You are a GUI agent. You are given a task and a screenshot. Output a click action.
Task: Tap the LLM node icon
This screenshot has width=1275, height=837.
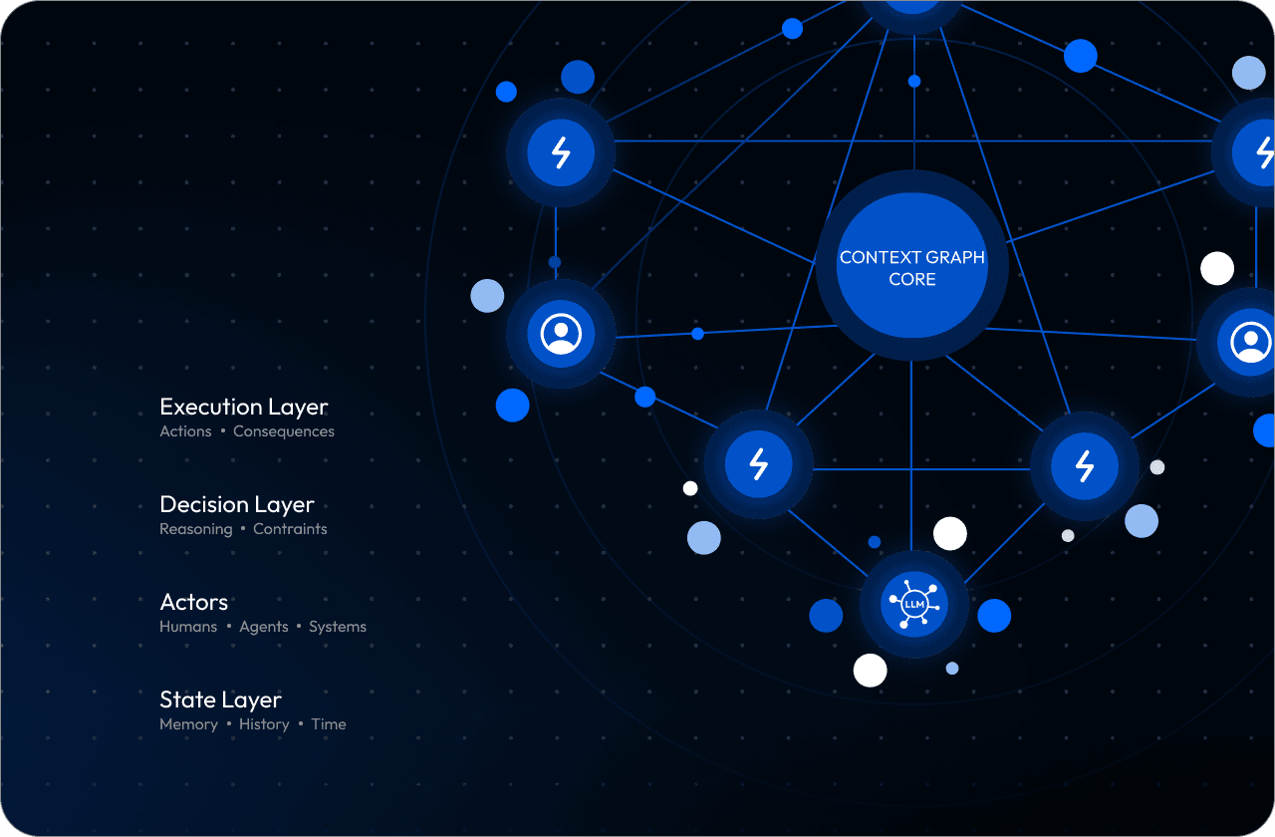click(x=913, y=604)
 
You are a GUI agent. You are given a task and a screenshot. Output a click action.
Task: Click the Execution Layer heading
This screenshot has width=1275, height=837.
click(x=243, y=407)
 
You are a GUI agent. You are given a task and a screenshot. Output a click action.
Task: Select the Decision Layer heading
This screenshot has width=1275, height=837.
click(x=236, y=504)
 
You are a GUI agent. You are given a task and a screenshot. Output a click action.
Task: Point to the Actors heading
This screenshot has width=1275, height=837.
click(x=193, y=602)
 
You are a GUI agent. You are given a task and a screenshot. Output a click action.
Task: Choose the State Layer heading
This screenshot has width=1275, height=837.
click(x=220, y=699)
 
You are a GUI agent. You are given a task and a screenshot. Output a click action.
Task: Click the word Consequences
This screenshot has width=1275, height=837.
click(x=283, y=431)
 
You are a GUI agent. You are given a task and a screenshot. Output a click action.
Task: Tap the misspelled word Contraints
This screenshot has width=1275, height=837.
click(x=290, y=529)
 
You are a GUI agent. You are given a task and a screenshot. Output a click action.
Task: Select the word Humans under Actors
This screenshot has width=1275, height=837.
click(x=188, y=627)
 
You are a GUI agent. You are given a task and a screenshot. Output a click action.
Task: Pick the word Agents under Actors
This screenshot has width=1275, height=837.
click(x=264, y=627)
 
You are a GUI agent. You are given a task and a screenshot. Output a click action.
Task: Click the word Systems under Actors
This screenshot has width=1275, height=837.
click(x=338, y=627)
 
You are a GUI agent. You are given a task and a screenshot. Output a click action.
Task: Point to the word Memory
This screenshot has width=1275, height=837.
click(x=188, y=724)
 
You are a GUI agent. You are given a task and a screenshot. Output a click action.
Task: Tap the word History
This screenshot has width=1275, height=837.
click(x=264, y=724)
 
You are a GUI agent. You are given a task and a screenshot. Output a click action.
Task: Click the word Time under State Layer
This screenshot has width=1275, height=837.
click(x=329, y=724)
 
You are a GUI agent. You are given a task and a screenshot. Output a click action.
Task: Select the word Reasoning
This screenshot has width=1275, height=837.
click(x=195, y=529)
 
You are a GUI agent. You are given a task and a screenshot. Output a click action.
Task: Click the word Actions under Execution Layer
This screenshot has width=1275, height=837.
click(x=185, y=431)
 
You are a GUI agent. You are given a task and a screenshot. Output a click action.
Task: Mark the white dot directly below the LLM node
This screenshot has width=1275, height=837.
click(x=870, y=670)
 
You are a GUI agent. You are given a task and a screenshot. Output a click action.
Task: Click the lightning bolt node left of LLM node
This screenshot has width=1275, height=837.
click(x=758, y=464)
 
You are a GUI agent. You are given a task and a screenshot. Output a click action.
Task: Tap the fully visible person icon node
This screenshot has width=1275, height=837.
click(x=561, y=333)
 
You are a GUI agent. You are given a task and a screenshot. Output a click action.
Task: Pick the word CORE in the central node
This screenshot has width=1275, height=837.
click(x=911, y=280)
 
